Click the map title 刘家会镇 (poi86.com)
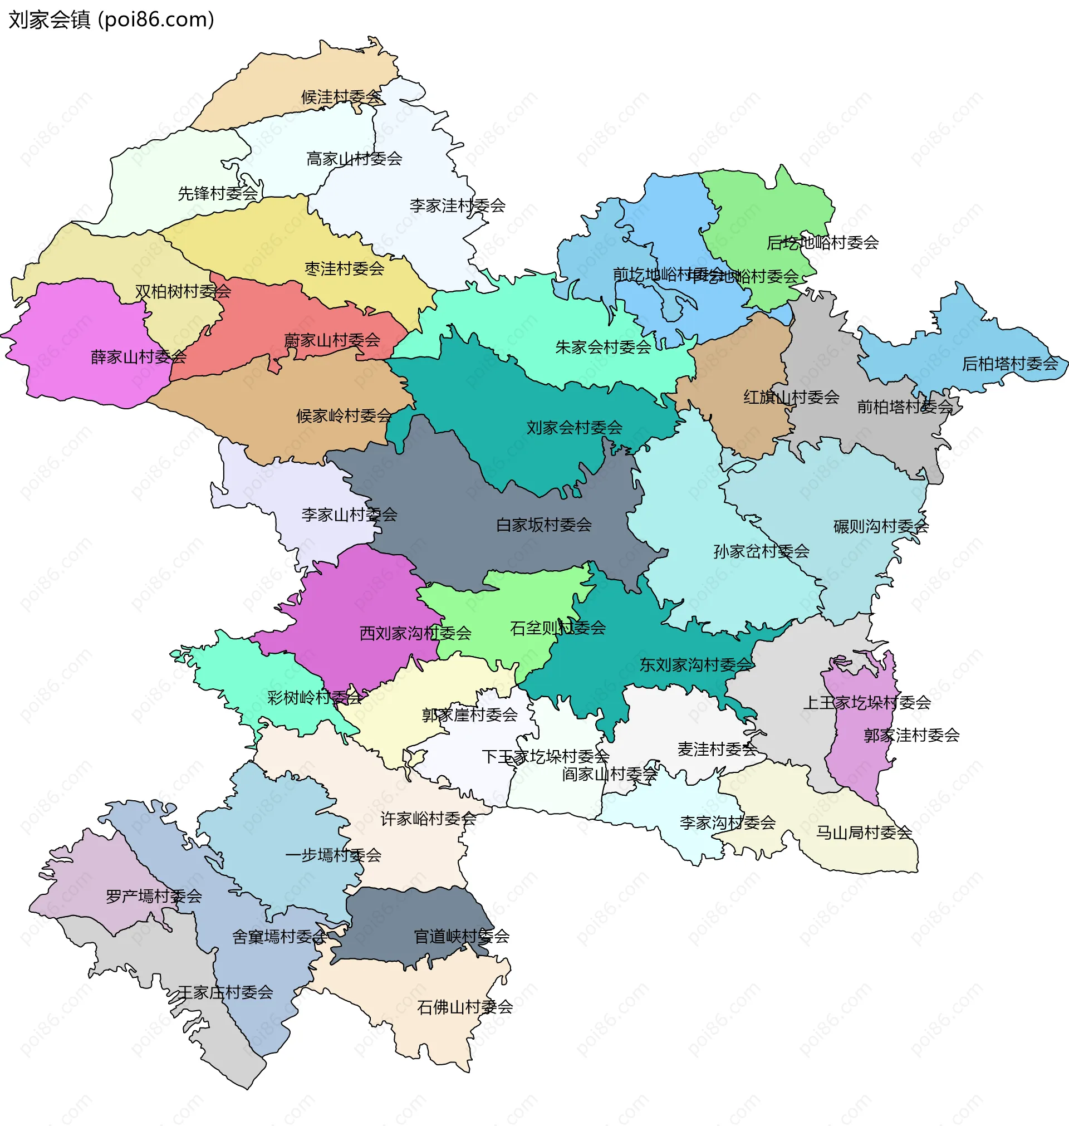[x=111, y=19]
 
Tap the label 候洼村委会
[x=341, y=97]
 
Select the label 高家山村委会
[x=354, y=158]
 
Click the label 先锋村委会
[x=218, y=194]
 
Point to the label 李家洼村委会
[x=457, y=205]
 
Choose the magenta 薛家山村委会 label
[x=138, y=358]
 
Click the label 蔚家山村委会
[x=332, y=341]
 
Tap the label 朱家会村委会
[x=603, y=347]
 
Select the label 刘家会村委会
[x=574, y=427]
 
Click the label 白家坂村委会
[x=543, y=525]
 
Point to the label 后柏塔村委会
[x=1010, y=364]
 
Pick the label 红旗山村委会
[x=791, y=397]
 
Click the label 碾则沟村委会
[x=881, y=527]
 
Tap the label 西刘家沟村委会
[x=415, y=633]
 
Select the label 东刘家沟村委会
[x=695, y=665]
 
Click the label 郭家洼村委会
[x=911, y=736]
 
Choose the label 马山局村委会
[x=864, y=833]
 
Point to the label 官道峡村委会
[x=461, y=936]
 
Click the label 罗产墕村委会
[x=154, y=897]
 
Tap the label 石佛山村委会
[x=464, y=1007]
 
